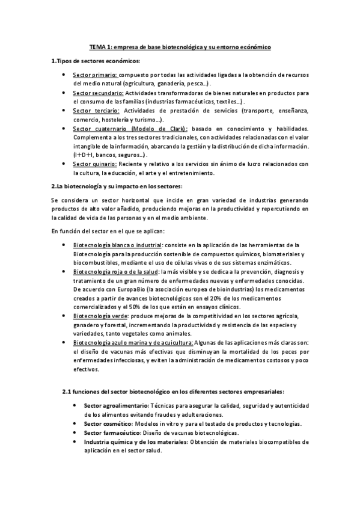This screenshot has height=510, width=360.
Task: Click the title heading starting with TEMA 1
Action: pyautogui.click(x=180, y=46)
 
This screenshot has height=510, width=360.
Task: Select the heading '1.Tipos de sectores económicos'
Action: pyautogui.click(x=96, y=61)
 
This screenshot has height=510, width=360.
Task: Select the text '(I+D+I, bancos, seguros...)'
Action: pyautogui.click(x=112, y=155)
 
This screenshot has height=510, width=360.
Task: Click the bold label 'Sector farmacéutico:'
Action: pyautogui.click(x=112, y=432)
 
